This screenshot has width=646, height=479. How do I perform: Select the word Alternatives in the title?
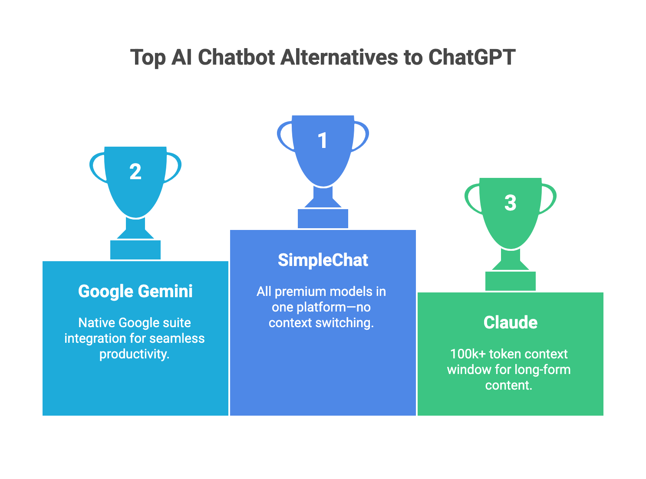[x=339, y=57]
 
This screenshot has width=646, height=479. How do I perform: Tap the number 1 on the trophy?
[x=323, y=141]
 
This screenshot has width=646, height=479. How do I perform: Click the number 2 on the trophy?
[x=135, y=172]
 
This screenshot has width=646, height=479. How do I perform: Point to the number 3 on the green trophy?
[x=511, y=203]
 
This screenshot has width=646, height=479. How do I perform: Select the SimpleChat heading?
[x=323, y=260]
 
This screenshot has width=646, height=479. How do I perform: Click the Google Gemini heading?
[x=135, y=292]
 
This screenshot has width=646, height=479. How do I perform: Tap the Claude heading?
[x=511, y=323]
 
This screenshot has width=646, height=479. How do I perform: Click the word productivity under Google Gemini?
[x=134, y=354]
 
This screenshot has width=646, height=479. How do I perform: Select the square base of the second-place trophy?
[x=135, y=250]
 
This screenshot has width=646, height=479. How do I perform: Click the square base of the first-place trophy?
[x=323, y=219]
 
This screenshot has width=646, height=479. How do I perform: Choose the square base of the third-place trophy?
[x=511, y=281]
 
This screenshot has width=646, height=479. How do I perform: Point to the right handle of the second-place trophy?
[x=175, y=167]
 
